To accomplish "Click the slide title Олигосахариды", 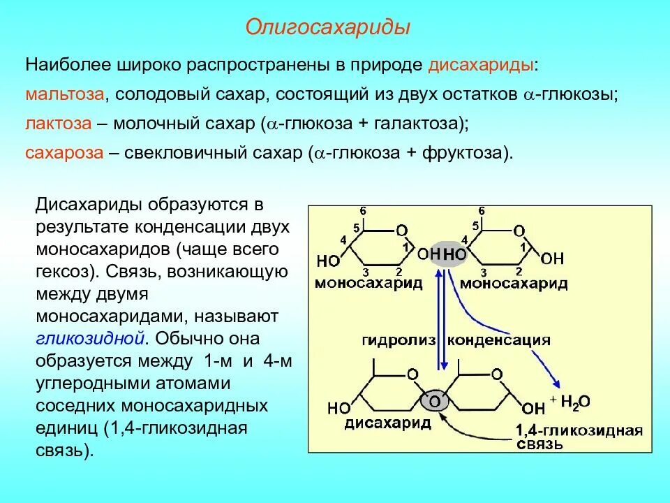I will click(327, 28).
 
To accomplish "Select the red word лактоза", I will click(59, 124).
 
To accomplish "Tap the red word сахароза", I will click(64, 153).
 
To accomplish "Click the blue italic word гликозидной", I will click(90, 338).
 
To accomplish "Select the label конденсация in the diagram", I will click(498, 340).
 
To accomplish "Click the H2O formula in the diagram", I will click(575, 401).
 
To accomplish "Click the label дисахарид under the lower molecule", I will click(387, 423).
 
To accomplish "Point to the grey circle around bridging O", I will click(434, 401).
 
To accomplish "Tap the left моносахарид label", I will click(368, 283).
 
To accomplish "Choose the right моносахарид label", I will click(513, 283).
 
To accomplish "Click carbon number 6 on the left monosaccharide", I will click(363, 211).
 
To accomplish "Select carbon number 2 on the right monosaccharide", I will click(519, 272).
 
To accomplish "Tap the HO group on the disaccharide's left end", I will click(339, 407).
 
